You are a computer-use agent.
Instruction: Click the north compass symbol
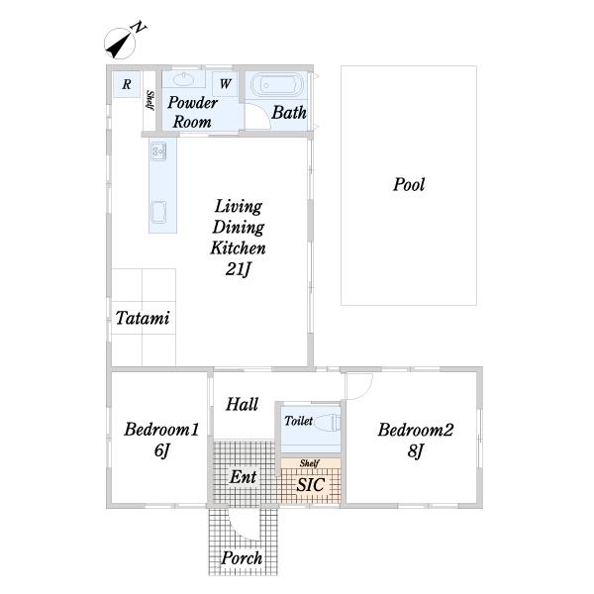[120, 44]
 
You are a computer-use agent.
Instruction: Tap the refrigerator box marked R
[127, 84]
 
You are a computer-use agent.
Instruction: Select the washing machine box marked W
[225, 84]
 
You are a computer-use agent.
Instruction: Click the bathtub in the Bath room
[277, 85]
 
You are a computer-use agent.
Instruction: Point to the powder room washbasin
[184, 79]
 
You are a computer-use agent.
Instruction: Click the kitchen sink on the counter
[158, 150]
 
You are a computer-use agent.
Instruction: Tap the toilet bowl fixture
[328, 422]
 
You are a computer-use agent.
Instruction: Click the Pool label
[409, 185]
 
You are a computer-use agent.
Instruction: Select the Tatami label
[143, 318]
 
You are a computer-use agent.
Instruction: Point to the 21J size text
[239, 269]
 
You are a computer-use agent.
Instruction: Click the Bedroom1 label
[161, 430]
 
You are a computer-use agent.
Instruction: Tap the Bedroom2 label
[416, 430]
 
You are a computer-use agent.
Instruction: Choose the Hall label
[243, 404]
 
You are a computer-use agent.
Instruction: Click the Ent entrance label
[244, 477]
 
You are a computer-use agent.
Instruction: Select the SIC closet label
[310, 484]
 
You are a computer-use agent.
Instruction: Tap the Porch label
[242, 558]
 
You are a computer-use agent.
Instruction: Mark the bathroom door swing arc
[262, 109]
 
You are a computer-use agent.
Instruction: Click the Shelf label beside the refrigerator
[150, 100]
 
